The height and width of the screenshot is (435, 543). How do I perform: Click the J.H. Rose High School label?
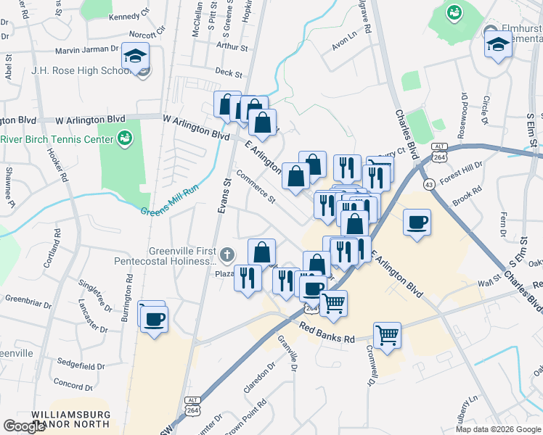coord(77,70)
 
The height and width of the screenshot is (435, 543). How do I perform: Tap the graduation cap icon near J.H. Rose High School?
coord(135,56)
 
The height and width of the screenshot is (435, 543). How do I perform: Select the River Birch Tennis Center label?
coord(57,139)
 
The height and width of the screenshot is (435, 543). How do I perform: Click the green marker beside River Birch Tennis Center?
coord(125,138)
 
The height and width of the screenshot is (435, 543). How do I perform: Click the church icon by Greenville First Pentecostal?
coord(227,254)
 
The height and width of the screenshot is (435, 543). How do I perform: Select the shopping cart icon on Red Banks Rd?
coord(388,334)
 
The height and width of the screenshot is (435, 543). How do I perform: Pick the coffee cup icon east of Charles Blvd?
coord(417,223)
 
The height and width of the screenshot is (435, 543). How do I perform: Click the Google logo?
coord(24,426)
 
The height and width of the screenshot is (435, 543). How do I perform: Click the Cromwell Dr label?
coord(372,364)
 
